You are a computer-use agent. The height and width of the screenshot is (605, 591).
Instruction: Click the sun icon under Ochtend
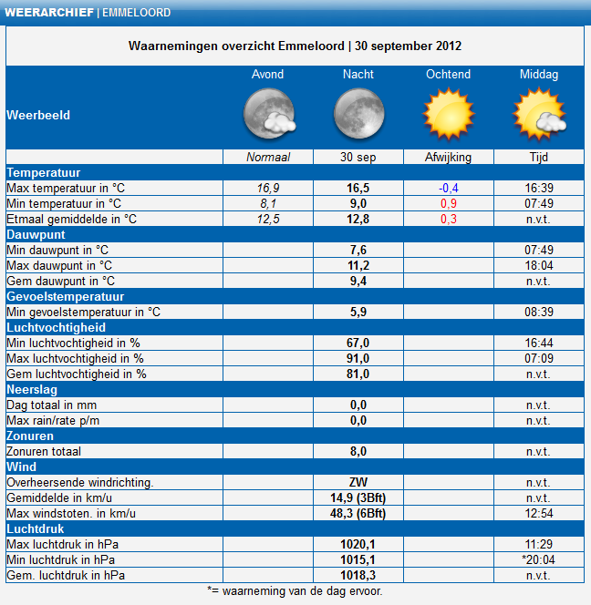[449, 115]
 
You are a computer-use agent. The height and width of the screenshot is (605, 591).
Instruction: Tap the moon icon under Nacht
[358, 115]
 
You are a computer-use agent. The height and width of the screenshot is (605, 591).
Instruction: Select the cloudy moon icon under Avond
[267, 115]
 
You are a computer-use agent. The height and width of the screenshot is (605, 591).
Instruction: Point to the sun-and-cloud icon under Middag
[538, 115]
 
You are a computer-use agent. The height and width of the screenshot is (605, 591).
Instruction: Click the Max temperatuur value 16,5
[358, 188]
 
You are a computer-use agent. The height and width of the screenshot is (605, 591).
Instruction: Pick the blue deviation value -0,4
[449, 188]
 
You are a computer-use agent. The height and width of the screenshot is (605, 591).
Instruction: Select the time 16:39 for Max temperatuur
[538, 188]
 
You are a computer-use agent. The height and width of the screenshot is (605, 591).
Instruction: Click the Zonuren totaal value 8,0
[358, 451]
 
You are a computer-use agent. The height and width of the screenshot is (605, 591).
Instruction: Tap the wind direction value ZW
[358, 482]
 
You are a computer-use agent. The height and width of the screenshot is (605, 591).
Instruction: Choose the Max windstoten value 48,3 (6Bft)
[358, 513]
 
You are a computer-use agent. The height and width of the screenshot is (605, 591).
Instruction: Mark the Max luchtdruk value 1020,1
[358, 544]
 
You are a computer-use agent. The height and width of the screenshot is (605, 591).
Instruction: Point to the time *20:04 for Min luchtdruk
[538, 559]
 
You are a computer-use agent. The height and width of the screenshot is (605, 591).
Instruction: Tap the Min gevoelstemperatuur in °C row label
[83, 312]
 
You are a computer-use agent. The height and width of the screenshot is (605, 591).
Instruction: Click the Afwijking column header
[449, 157]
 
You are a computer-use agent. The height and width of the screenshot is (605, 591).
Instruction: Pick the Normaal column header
[267, 157]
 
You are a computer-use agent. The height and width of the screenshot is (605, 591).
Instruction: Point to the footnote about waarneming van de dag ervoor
[295, 590]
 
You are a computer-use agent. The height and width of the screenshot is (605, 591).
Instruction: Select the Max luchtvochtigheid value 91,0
[358, 358]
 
